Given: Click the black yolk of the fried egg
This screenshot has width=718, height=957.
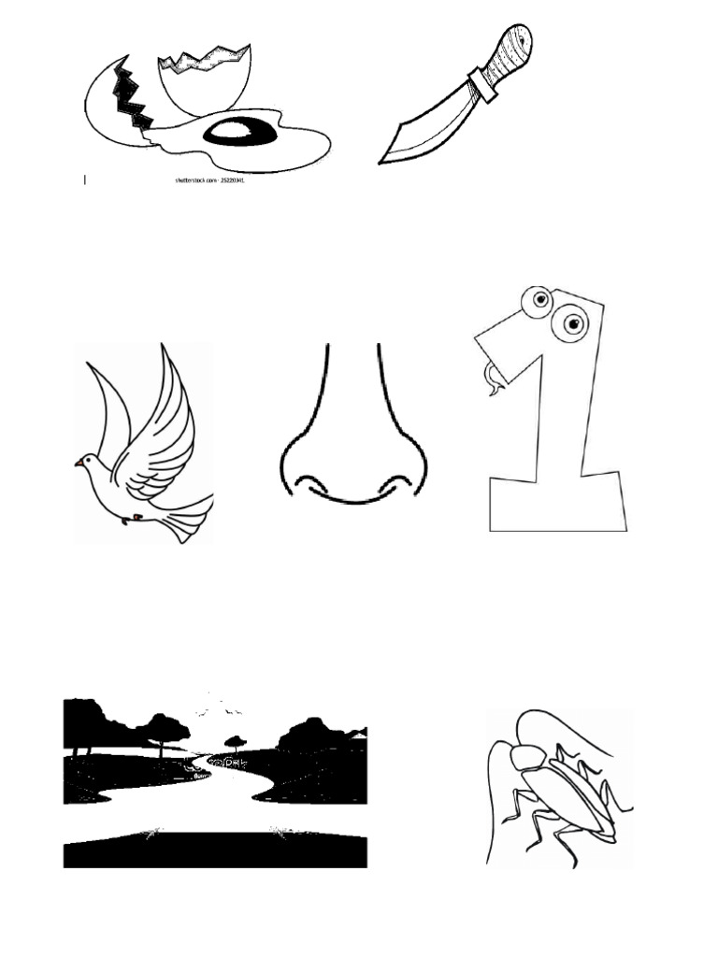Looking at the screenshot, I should point(239,133).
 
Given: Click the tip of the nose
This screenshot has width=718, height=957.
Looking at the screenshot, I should point(354,486).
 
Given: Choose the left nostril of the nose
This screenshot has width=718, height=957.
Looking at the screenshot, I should point(312,483).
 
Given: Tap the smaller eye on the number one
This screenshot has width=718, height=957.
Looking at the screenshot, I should point(540,300).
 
